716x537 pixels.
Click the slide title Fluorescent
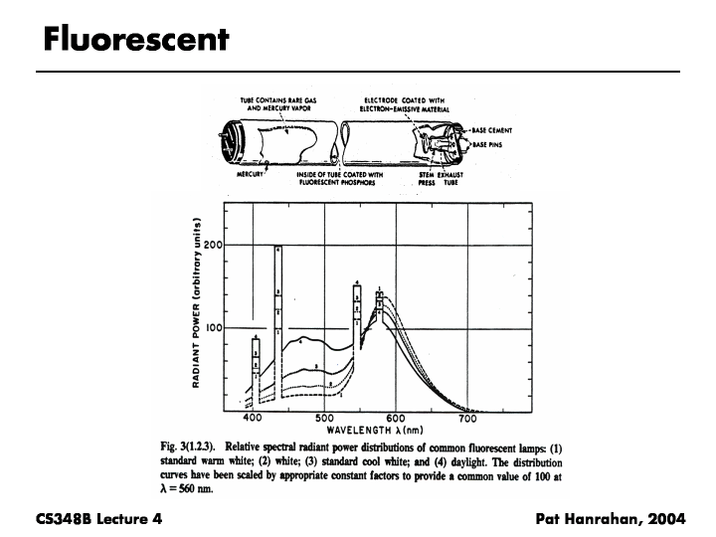tap(136, 39)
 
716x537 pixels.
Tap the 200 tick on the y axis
tap(212, 245)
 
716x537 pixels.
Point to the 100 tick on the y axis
tap(212, 328)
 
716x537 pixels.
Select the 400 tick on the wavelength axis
tap(253, 420)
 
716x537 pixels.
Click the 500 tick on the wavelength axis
tap(324, 420)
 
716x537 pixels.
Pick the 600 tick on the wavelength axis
tap(396, 420)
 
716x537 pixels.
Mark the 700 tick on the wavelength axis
tap(467, 420)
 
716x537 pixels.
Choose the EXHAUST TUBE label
tap(450, 179)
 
